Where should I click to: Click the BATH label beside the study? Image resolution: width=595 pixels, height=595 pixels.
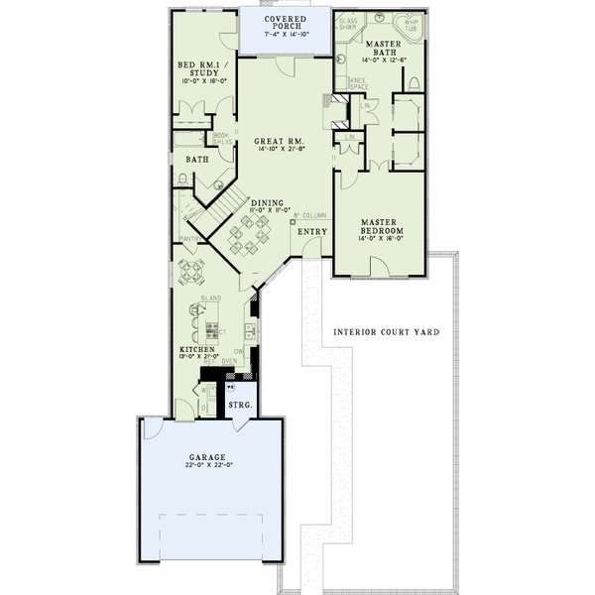(x=196, y=159)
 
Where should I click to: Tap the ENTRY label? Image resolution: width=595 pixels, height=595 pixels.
(x=312, y=232)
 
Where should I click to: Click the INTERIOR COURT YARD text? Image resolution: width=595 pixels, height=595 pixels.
(x=387, y=331)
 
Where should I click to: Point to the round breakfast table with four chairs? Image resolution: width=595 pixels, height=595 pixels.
(x=191, y=268)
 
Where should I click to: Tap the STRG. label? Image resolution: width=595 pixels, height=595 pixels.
(x=240, y=406)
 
